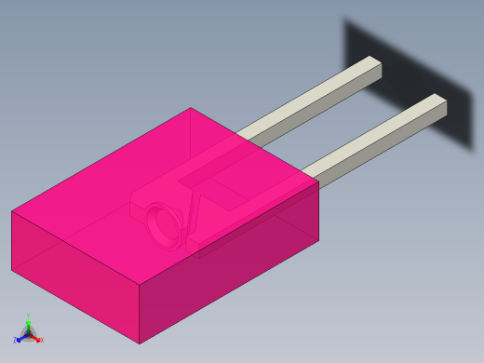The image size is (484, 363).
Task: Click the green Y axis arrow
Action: point(28,324)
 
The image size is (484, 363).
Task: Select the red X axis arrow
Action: point(35,338)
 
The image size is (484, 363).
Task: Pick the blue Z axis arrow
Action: point(20,338)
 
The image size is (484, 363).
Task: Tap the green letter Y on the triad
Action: point(28,317)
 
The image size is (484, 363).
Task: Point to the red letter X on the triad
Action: point(41,341)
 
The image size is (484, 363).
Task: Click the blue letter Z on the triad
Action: point(15,341)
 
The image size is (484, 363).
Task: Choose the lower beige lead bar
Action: point(372,140)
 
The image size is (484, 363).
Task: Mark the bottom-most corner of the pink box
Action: point(140,343)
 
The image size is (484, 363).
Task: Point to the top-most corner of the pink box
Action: point(191,108)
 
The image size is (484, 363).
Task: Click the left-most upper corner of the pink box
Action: point(12,211)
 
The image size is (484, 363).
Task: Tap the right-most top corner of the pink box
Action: point(318,181)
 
